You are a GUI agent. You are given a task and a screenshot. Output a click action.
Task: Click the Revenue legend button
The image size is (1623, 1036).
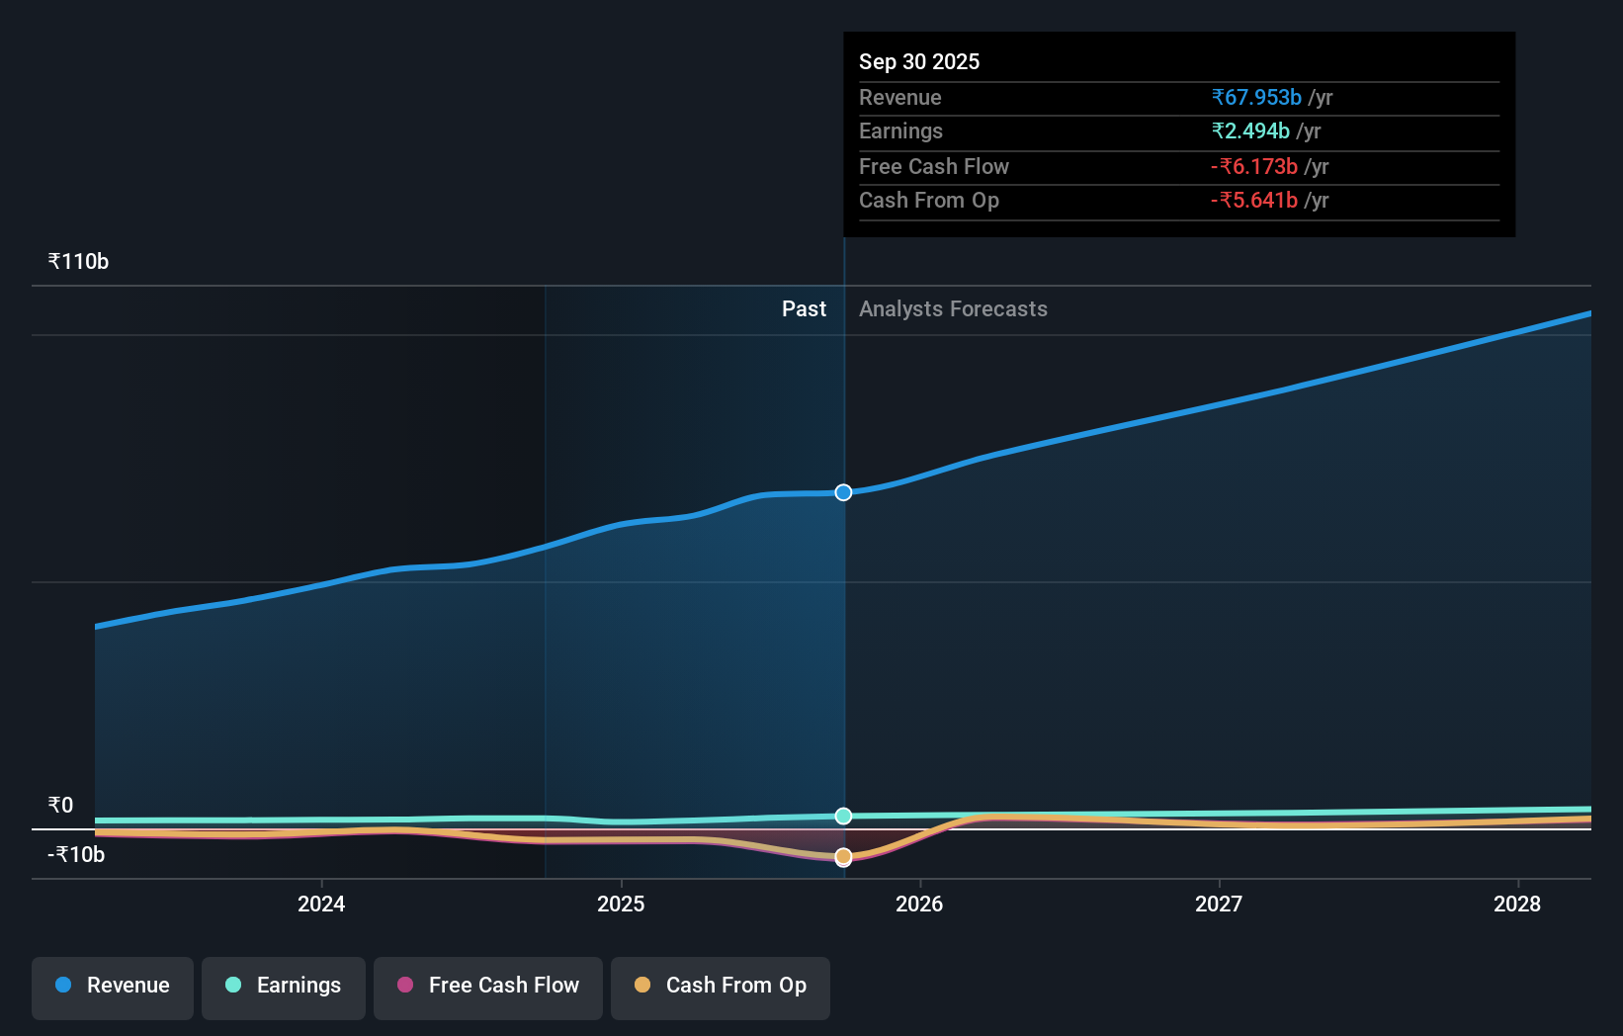113,986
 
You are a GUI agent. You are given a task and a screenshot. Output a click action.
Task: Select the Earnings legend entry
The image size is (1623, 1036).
284,986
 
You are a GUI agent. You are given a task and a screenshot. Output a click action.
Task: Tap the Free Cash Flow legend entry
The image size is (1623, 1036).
488,986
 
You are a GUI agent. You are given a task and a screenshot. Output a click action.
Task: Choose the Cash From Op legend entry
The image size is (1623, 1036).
721,986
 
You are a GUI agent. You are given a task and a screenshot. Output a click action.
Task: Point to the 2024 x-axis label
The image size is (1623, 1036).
321,904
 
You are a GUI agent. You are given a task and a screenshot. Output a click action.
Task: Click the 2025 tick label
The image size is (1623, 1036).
621,904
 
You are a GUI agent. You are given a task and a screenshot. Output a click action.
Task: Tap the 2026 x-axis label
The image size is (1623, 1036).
919,904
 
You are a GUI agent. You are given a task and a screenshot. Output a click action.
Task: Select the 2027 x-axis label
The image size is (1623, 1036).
1219,904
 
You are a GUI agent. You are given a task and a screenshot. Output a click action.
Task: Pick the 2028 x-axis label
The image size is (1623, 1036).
1517,904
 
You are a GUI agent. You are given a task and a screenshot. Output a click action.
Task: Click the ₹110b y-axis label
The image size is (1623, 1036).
78,262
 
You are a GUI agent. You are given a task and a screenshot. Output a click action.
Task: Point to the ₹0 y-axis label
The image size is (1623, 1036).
60,805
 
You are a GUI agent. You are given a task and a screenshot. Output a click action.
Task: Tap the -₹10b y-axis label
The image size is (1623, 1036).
76,855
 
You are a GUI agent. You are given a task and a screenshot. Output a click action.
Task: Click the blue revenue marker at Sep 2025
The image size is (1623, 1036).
843,492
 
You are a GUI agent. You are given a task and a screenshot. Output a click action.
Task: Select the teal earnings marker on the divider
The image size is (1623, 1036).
843,816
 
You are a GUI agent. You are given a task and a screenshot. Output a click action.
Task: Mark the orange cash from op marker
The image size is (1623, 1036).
843,856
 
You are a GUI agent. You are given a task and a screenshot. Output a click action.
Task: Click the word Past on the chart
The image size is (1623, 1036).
804,309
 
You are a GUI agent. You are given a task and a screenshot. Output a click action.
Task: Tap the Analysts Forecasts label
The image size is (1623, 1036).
953,309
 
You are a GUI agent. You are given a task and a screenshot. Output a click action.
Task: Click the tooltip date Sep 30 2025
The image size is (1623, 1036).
919,62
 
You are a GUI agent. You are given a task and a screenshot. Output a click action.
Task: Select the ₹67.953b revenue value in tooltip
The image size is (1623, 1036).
1256,98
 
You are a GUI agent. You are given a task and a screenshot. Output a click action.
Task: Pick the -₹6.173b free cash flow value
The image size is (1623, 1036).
1254,167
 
